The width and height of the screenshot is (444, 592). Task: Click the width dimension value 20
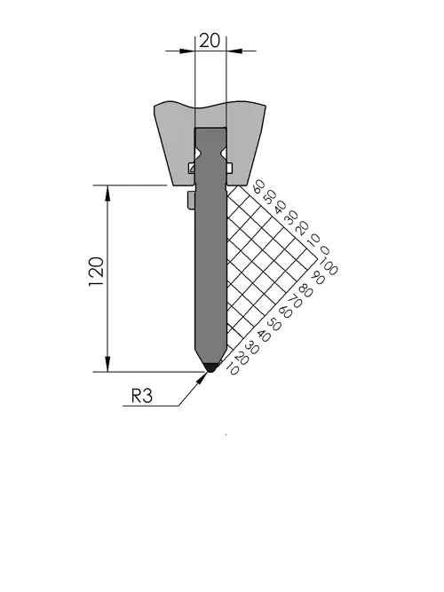(210, 41)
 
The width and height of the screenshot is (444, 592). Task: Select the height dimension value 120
(97, 272)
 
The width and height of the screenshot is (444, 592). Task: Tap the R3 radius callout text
(142, 396)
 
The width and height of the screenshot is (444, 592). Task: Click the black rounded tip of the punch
(210, 367)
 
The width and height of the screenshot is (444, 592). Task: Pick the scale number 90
(317, 279)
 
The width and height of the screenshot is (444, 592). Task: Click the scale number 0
(325, 250)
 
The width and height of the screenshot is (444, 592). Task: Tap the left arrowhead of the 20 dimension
(186, 51)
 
